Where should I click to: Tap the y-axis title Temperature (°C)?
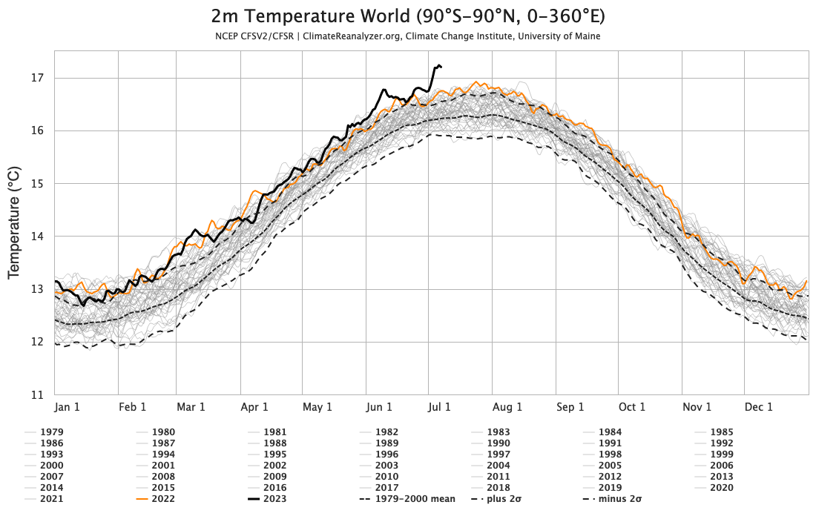(14, 222)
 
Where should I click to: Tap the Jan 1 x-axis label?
(68, 407)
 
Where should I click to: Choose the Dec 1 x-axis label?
(758, 407)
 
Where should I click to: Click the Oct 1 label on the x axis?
(632, 407)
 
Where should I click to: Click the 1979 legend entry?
(51, 432)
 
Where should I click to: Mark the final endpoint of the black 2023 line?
(441, 67)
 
